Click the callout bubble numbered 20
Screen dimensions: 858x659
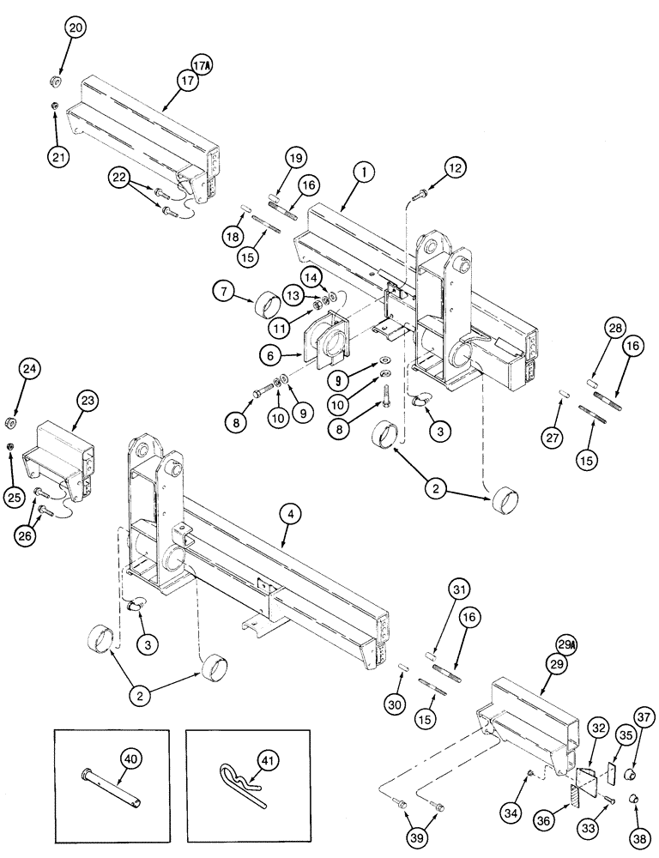tap(75, 28)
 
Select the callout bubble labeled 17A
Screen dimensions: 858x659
tap(203, 63)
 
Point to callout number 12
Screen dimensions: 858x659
tap(454, 168)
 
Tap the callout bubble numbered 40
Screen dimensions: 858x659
tap(130, 759)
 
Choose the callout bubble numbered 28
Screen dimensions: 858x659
tap(592, 331)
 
